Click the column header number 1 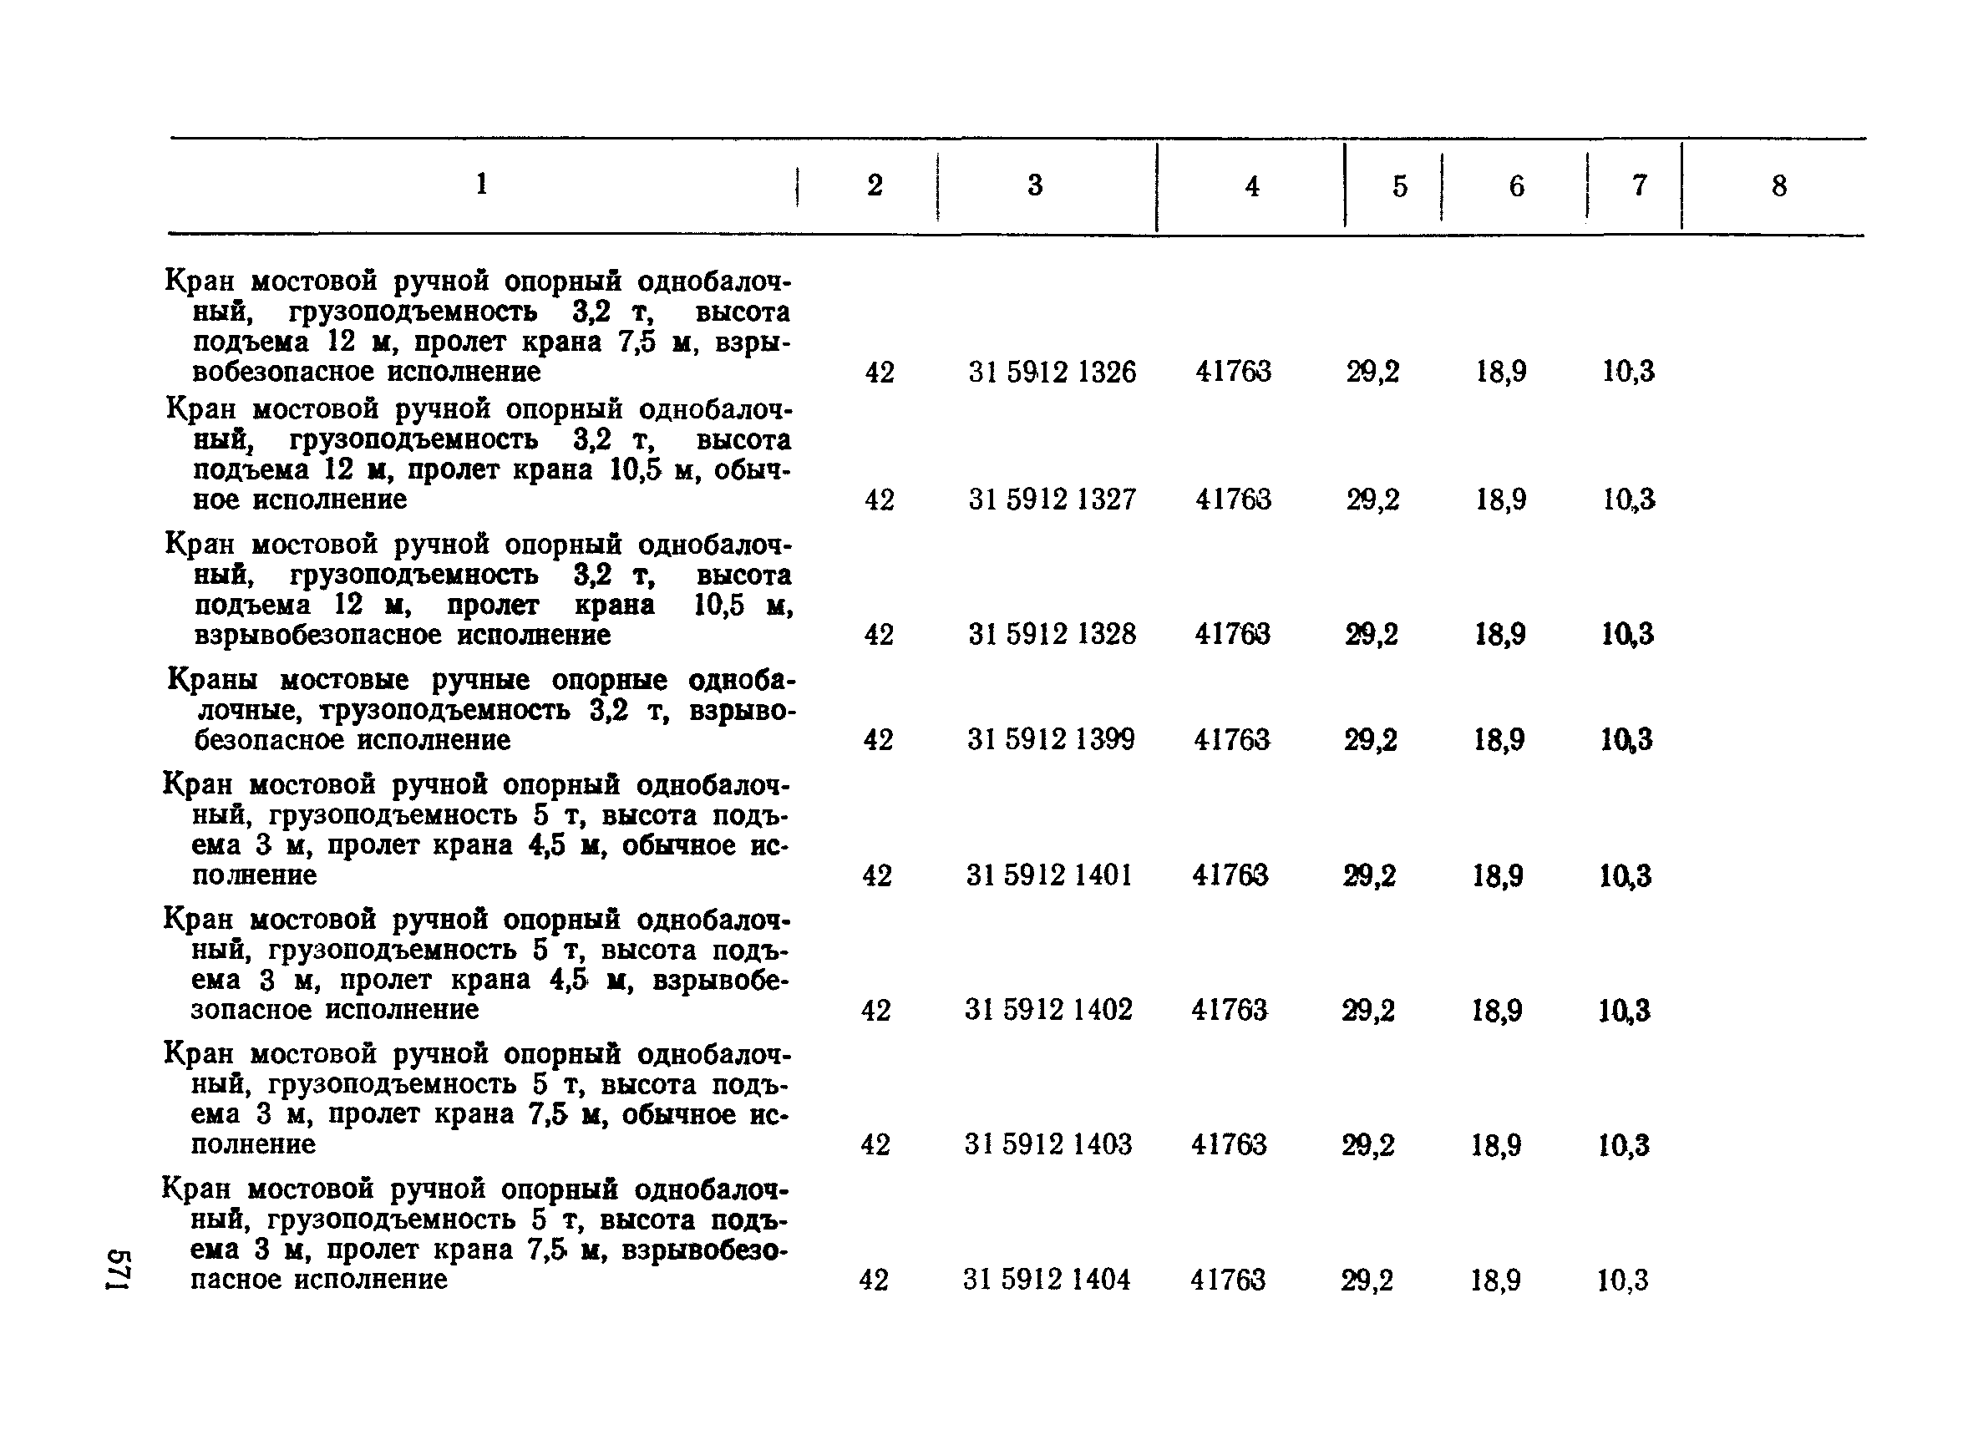coord(482,184)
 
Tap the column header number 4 coord(1252,186)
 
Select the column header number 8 coord(1779,185)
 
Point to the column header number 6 coord(1516,186)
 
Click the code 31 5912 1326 coord(1052,373)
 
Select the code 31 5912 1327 coord(1052,499)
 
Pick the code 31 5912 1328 coord(1052,634)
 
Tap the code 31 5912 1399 coord(1051,739)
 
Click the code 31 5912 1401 coord(1049,875)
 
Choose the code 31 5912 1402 coord(1048,1010)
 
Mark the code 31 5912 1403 coord(1047,1143)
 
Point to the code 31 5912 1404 coord(1047,1280)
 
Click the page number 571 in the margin coord(119,1270)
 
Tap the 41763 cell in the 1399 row coord(1232,739)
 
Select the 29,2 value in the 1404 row coord(1367,1280)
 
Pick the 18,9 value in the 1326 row coord(1500,373)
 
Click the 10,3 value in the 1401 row coord(1625,875)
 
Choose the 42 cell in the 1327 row coord(880,500)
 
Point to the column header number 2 coord(875,185)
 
